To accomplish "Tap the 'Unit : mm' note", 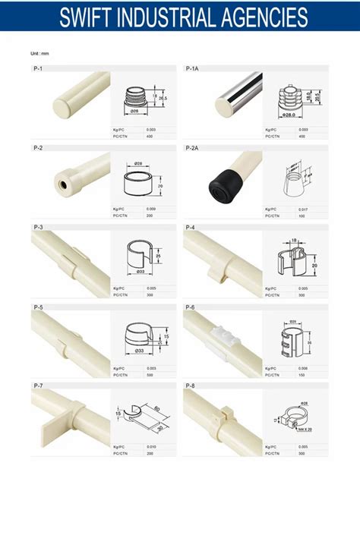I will (39, 53).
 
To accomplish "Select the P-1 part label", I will (38, 68).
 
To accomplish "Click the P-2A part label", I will (192, 147).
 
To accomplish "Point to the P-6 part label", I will (191, 307).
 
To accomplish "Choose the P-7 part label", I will (38, 386).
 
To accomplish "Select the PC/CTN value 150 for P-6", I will (303, 374).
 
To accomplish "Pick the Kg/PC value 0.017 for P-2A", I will (303, 209).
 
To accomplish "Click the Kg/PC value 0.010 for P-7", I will (150, 447).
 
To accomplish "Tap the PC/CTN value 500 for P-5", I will (150, 374).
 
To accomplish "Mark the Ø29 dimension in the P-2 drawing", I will (138, 163).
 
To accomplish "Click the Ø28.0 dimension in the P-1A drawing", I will (289, 115).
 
